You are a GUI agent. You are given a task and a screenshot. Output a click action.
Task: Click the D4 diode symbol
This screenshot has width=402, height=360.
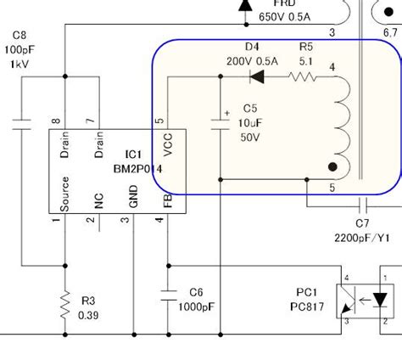pyautogui.click(x=254, y=77)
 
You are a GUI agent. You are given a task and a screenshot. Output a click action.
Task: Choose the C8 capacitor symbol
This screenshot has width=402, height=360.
pyautogui.click(x=21, y=123)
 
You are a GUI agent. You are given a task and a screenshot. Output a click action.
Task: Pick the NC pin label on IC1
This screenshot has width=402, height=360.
pyautogui.click(x=99, y=200)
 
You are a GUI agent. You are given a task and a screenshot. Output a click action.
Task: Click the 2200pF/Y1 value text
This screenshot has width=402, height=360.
pyautogui.click(x=361, y=237)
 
